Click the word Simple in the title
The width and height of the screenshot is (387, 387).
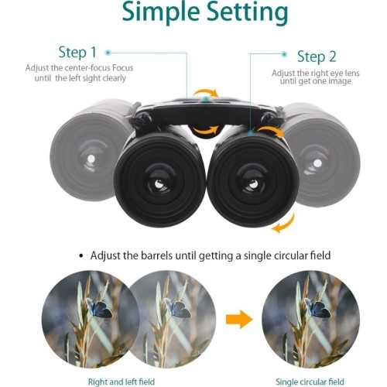[161, 12]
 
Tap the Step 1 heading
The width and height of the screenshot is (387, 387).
[77, 53]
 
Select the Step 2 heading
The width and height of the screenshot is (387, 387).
[317, 57]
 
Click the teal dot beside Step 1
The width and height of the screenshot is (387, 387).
[108, 53]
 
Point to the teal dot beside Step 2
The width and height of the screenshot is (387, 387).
[284, 54]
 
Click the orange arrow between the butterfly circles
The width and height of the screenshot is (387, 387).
[239, 320]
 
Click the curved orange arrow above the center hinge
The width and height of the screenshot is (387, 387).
[206, 92]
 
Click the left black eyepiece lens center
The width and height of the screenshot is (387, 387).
[159, 183]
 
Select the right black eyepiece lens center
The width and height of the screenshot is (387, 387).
[253, 183]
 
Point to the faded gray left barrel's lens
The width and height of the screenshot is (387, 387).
[91, 159]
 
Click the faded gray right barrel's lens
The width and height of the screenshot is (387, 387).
[317, 163]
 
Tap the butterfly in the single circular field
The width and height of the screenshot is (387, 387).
[317, 308]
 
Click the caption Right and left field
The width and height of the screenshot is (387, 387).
[122, 382]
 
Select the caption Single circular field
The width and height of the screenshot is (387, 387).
[310, 382]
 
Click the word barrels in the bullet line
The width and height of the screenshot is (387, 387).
[157, 255]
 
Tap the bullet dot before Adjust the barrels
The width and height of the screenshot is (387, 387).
[81, 256]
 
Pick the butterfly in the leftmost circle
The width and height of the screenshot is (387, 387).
[99, 308]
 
